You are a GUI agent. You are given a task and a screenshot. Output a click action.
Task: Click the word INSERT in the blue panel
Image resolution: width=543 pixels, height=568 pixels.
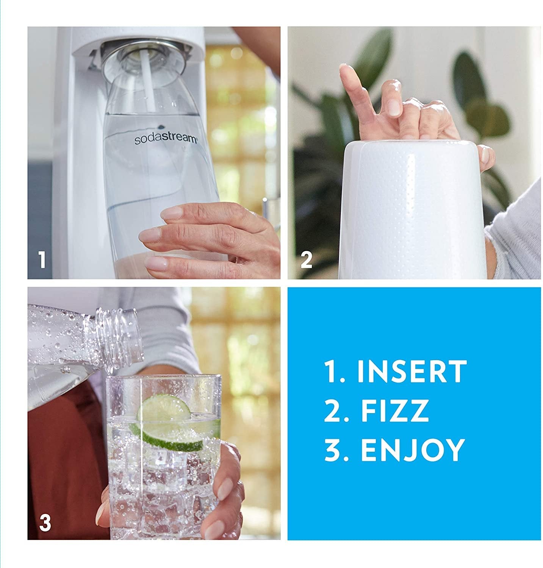(412, 371)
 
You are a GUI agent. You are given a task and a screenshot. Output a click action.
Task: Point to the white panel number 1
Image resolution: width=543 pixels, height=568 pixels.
(42, 261)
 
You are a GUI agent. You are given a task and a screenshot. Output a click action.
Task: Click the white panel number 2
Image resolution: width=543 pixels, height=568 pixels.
(306, 261)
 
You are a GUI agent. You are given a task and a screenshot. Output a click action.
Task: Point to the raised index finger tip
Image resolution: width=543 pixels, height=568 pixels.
(344, 70)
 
